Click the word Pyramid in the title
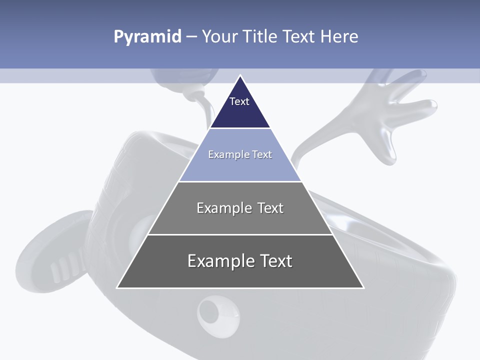click(x=147, y=37)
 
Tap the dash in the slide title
click(x=191, y=37)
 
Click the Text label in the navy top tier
click(x=239, y=101)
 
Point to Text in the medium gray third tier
click(x=270, y=208)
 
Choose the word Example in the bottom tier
click(x=219, y=261)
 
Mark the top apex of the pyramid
click(x=240, y=76)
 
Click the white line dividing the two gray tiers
click(x=240, y=234)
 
